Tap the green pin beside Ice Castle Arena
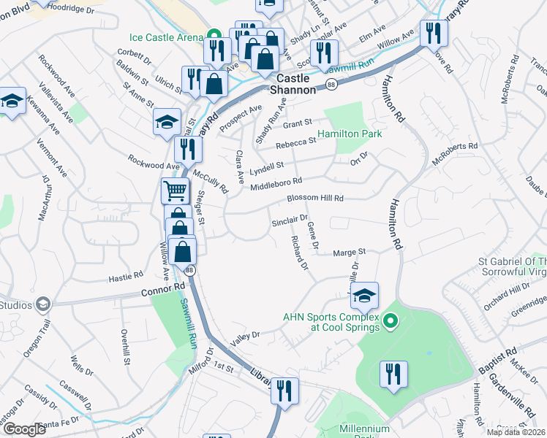(214, 35)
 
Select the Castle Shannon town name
(293, 83)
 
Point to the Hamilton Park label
(370, 134)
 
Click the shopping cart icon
(175, 191)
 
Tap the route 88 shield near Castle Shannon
(332, 85)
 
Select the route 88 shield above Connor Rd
(190, 270)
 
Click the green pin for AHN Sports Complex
(390, 320)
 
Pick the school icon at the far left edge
(12, 103)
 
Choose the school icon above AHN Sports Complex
(364, 296)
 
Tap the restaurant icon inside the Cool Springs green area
(393, 374)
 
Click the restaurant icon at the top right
(433, 33)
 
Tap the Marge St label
(349, 253)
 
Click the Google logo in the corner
(24, 429)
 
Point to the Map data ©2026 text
(516, 432)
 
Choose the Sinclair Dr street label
(290, 220)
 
